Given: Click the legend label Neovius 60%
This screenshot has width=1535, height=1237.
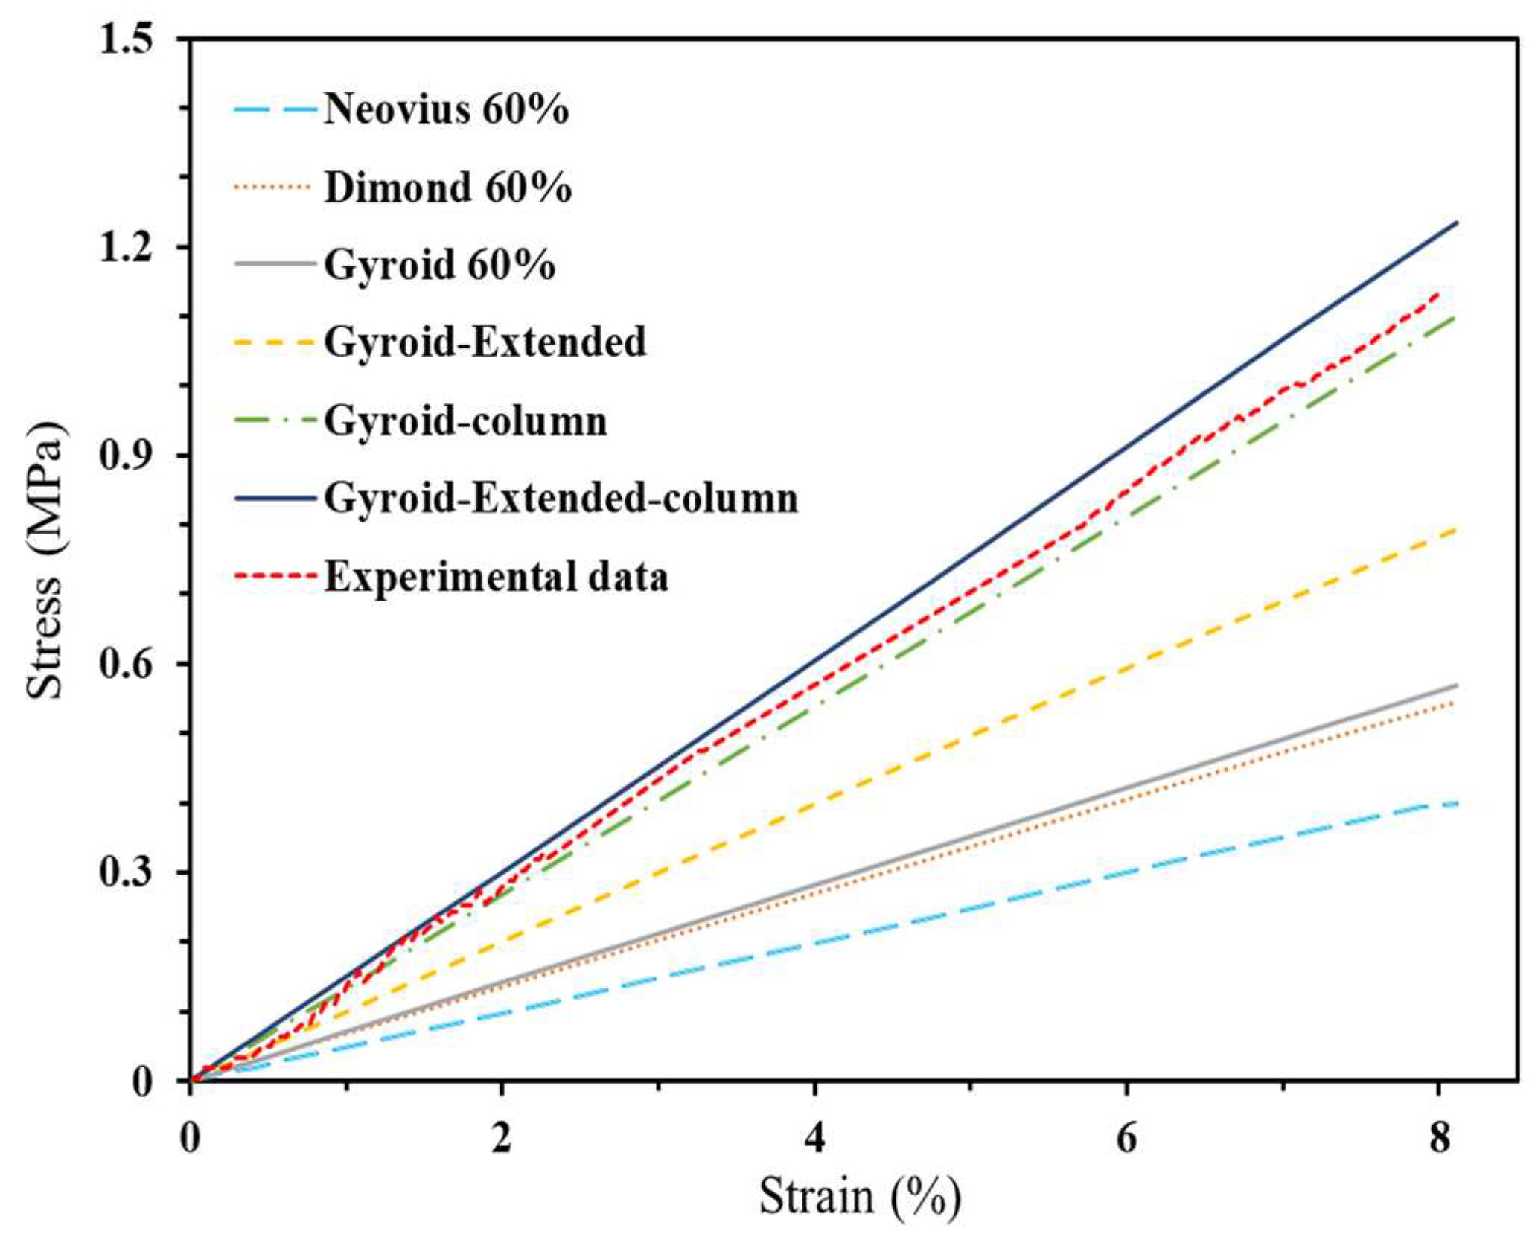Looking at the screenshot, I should point(446,109).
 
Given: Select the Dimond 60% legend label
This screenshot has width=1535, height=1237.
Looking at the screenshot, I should point(447,187).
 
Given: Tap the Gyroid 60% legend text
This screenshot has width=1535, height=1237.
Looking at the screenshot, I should point(439,264).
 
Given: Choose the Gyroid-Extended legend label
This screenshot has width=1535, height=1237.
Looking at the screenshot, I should point(485,342).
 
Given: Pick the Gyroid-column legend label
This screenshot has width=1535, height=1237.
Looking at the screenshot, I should point(465,421).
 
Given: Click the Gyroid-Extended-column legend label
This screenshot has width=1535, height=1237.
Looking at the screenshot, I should point(561,498).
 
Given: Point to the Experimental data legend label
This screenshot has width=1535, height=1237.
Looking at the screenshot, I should point(496,577).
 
